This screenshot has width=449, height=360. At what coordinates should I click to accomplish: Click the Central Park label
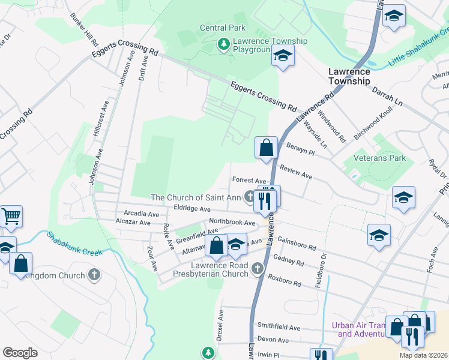[223, 28]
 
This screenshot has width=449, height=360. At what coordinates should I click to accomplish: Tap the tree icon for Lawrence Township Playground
[223, 44]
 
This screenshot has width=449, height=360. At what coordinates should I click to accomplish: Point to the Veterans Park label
[379, 158]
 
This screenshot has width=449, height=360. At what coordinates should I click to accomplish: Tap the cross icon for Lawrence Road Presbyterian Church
[258, 268]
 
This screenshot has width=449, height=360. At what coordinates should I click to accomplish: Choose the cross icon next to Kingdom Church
[93, 275]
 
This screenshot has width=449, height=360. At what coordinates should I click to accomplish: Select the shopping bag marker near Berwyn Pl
[265, 147]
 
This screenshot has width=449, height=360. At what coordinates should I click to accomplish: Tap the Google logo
[20, 352]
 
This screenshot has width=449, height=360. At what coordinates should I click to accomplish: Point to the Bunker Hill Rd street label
[83, 29]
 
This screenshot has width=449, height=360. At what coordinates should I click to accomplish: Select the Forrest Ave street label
[249, 180]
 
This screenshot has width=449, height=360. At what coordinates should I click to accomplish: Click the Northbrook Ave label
[232, 221]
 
